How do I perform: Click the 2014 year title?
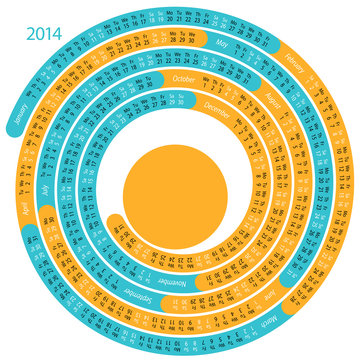pos(44,34)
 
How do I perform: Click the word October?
pos(183,79)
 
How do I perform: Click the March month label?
pos(288,313)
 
